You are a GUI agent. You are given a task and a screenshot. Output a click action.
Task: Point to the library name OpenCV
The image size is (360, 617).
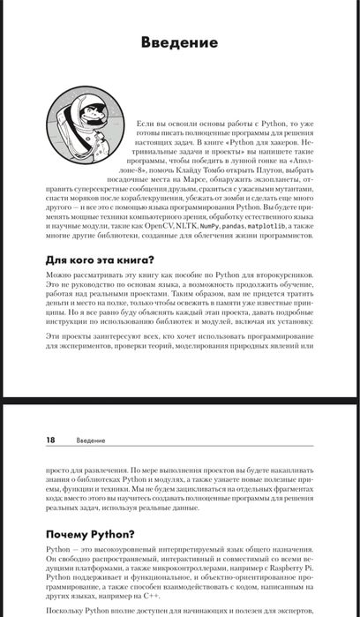[x=156, y=226]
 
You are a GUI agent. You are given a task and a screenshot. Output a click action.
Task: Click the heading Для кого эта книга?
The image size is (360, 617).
[x=100, y=260]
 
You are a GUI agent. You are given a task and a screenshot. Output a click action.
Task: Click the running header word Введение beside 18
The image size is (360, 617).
[x=90, y=440]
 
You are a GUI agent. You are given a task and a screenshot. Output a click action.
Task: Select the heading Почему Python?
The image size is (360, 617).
[x=92, y=533]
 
